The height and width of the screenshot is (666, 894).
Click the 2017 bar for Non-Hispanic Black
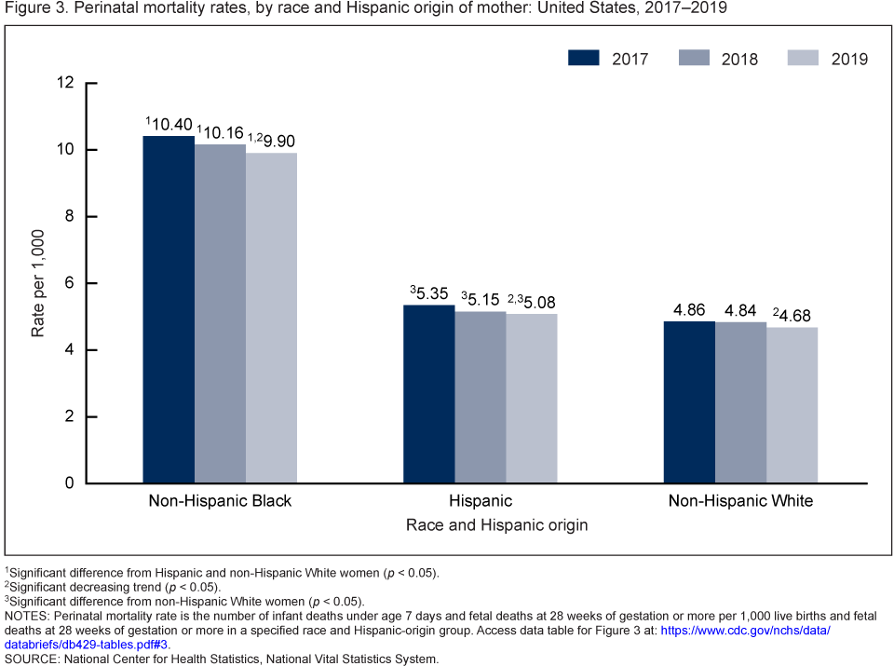pos(169,309)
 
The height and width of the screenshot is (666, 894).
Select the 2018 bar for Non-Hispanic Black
pos(220,314)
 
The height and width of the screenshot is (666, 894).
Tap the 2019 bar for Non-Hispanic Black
pos(271,318)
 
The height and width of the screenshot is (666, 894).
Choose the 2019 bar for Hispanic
pos(531,399)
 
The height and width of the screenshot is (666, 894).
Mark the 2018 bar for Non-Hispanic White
pos(740,402)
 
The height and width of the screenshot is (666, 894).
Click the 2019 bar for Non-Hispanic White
pos(792,405)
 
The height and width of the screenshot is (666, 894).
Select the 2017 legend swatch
pos(583,59)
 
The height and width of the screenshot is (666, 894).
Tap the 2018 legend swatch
pos(693,59)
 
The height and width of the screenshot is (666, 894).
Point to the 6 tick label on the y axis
pos(68,283)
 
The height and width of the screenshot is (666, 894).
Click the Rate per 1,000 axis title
pos(38,283)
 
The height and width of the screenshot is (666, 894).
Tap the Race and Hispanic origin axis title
pos(496,525)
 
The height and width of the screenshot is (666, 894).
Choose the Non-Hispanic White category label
pos(740,501)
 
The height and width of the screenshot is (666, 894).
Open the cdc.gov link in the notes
pos(745,631)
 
